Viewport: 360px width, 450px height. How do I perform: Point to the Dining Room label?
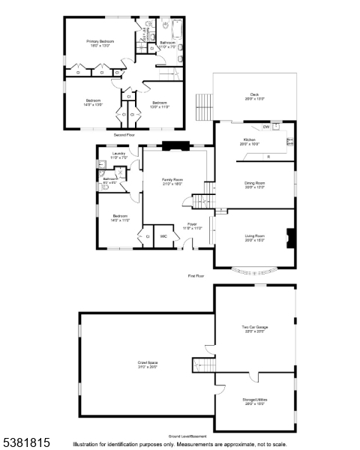(x=254, y=185)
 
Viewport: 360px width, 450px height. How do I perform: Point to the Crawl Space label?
(x=147, y=364)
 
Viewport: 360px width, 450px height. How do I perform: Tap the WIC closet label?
(x=163, y=236)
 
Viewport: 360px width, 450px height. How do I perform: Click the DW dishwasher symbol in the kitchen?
(x=266, y=127)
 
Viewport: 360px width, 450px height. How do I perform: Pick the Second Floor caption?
(x=124, y=135)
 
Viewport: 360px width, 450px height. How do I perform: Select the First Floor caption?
(x=196, y=276)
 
